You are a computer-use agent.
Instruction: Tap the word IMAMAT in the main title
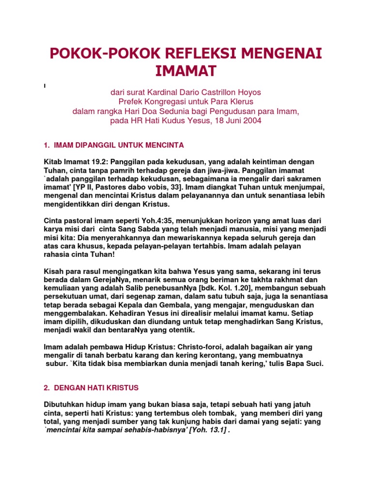186,71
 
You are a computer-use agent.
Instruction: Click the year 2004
252,120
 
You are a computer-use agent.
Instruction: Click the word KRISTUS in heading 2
119,387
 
